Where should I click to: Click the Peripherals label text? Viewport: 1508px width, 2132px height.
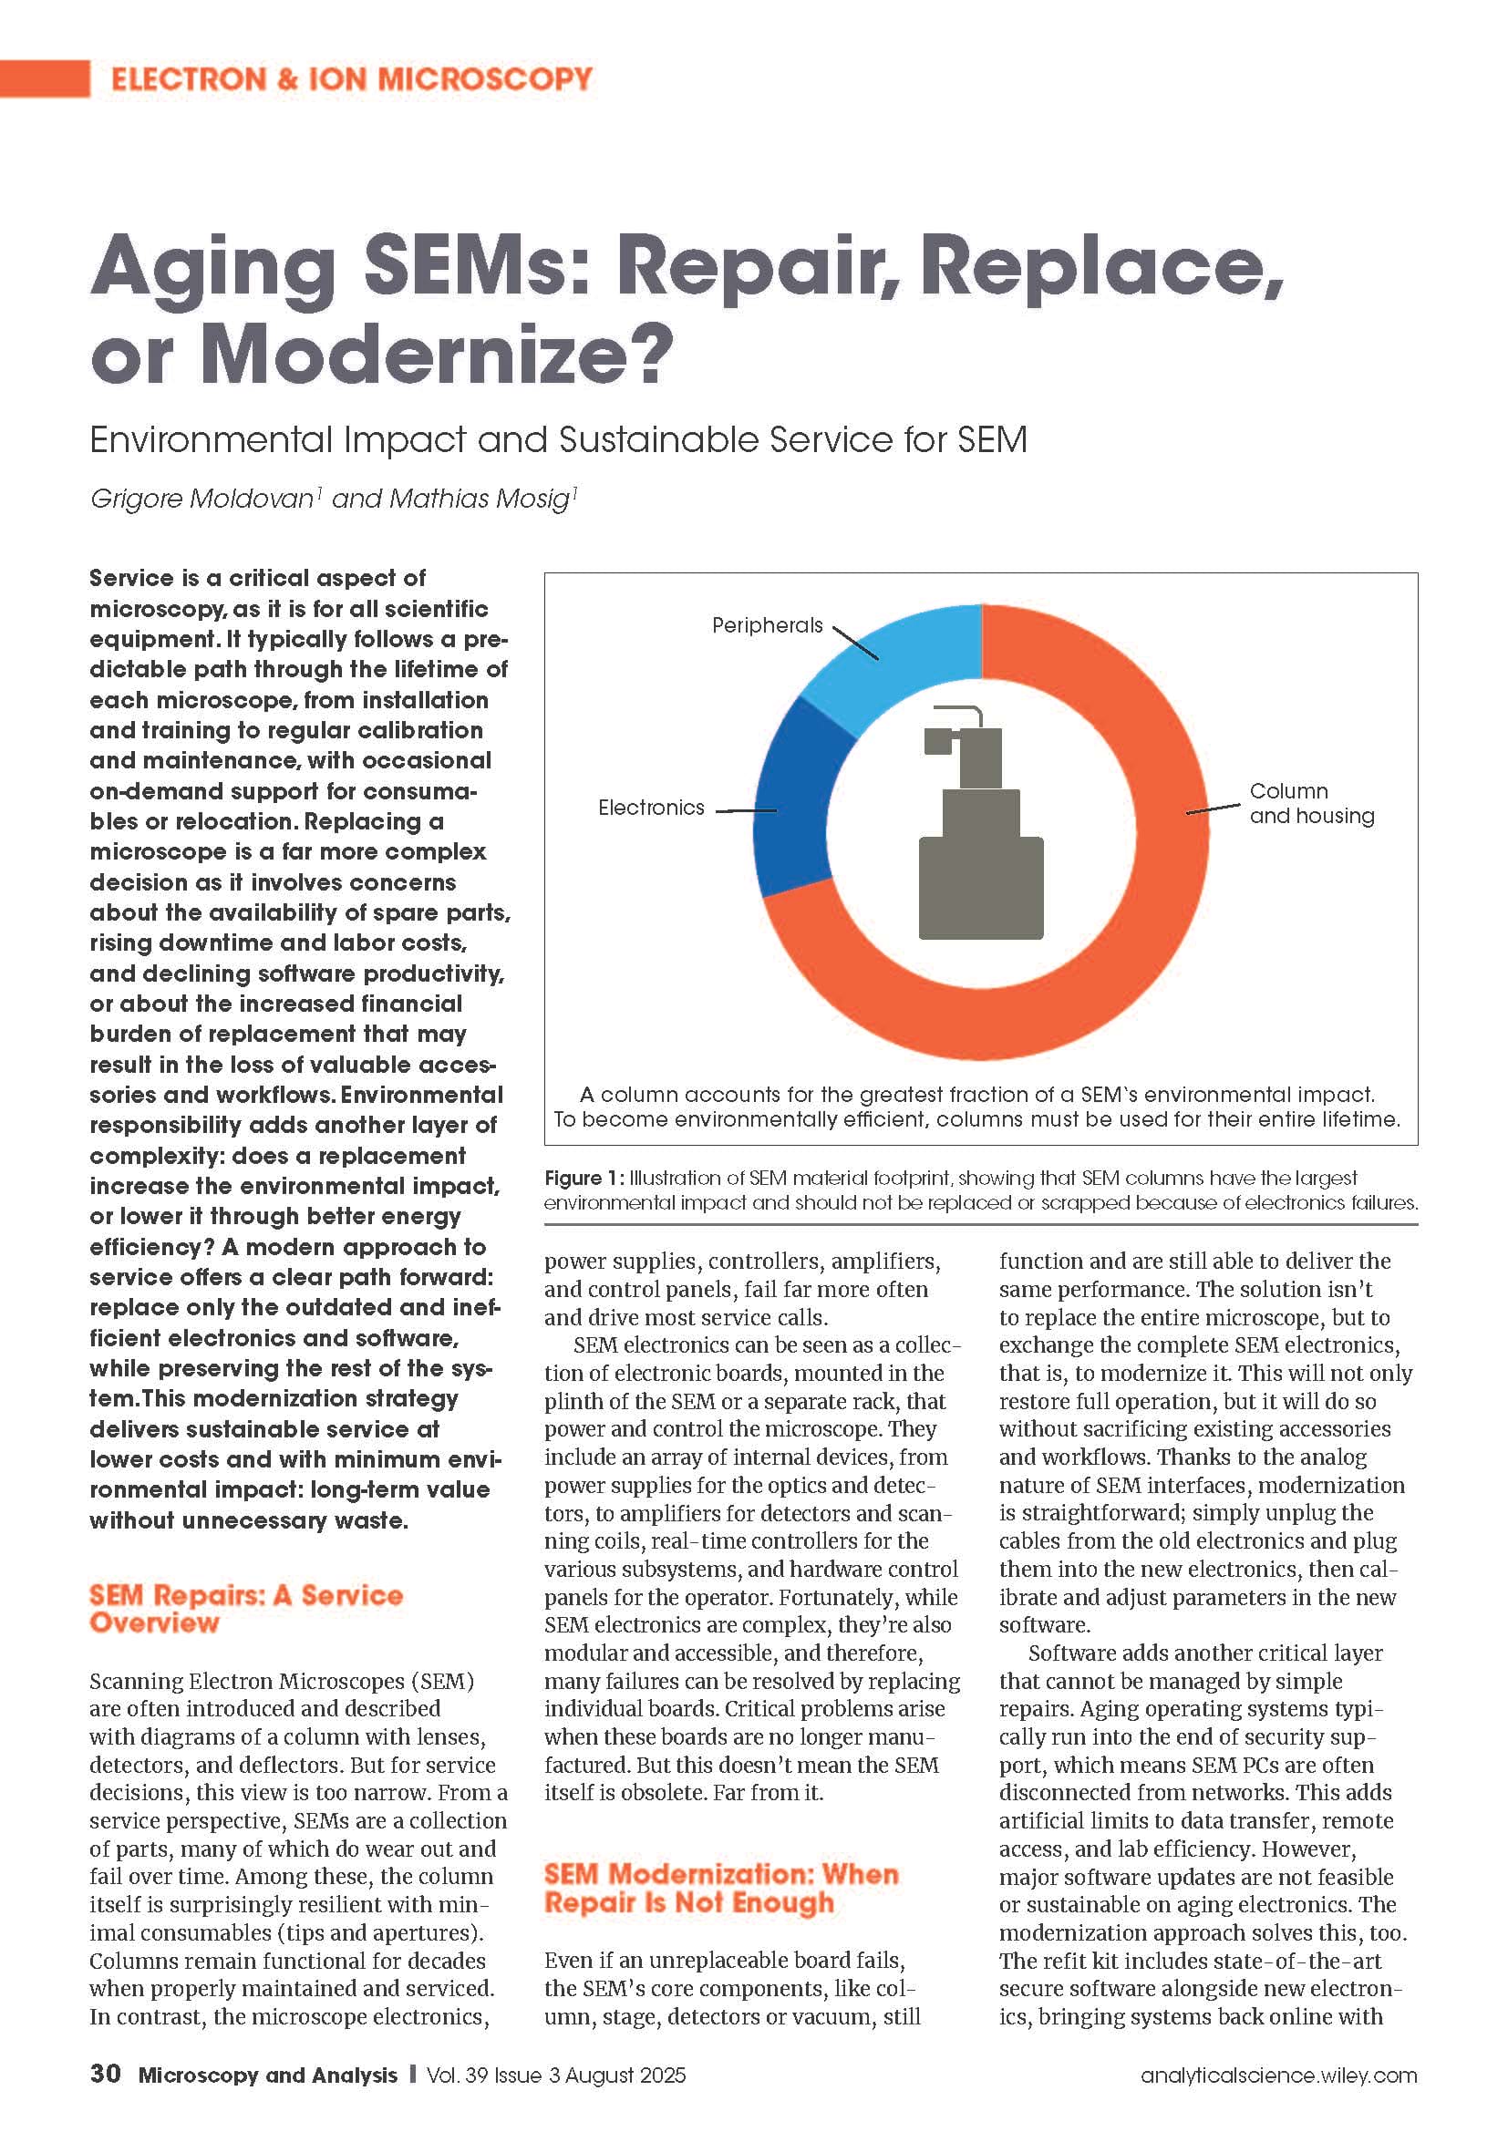tap(767, 625)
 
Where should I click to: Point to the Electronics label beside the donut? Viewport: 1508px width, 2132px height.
tap(651, 808)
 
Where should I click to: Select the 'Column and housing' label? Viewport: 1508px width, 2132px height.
tap(1311, 803)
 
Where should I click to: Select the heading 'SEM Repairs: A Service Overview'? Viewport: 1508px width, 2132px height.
tap(246, 1608)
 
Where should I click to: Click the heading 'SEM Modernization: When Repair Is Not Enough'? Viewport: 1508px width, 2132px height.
tap(721, 1888)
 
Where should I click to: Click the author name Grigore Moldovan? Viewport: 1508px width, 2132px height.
tap(202, 499)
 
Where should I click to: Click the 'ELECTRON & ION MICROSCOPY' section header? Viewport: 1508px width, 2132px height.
tap(352, 79)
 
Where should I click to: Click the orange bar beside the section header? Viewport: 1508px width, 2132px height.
tap(45, 79)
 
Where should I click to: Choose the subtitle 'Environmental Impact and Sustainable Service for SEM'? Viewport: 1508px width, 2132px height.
tap(558, 439)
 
